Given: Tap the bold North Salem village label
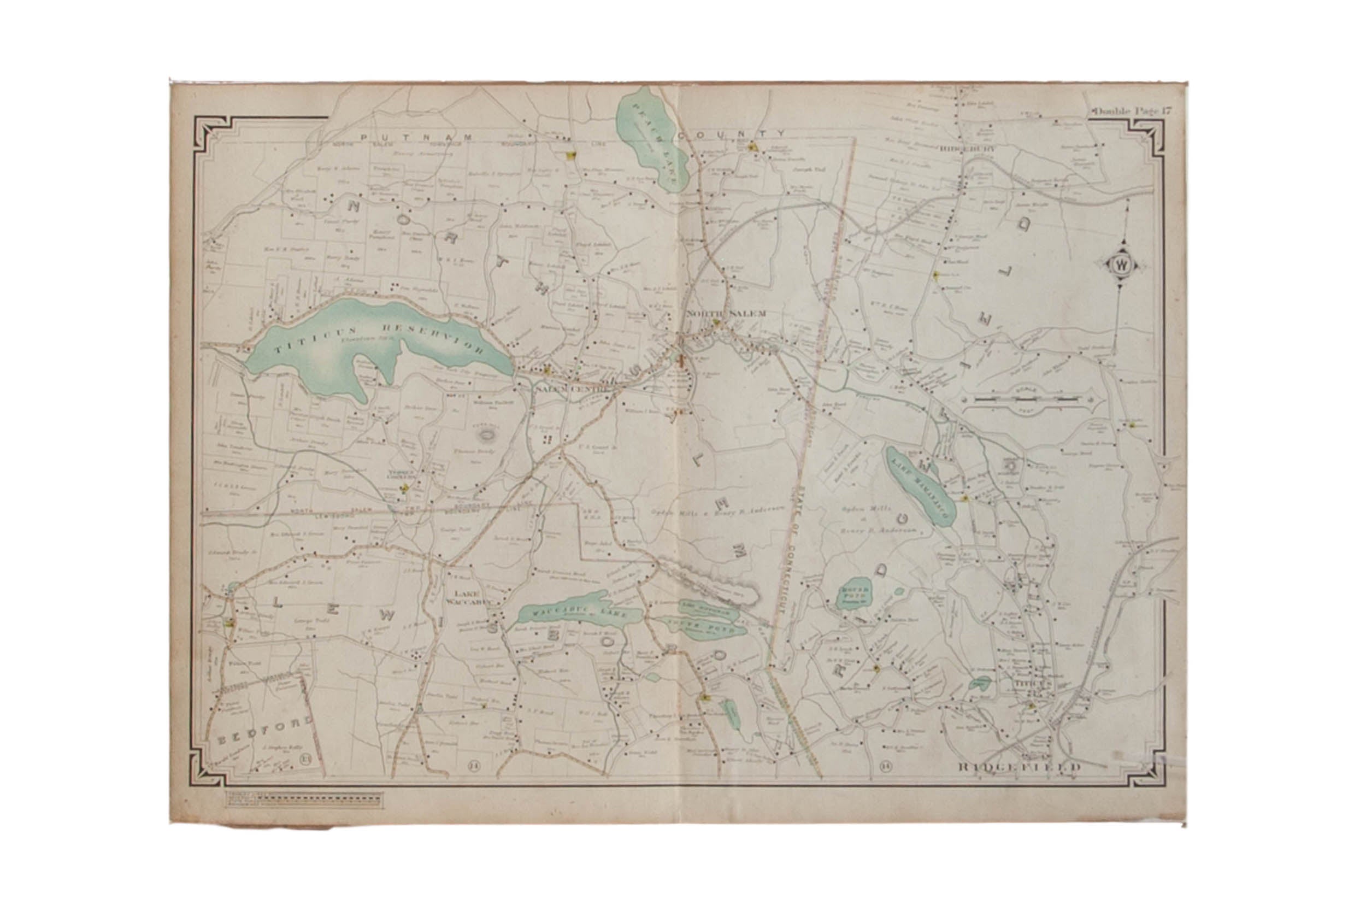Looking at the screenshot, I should tap(726, 314).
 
